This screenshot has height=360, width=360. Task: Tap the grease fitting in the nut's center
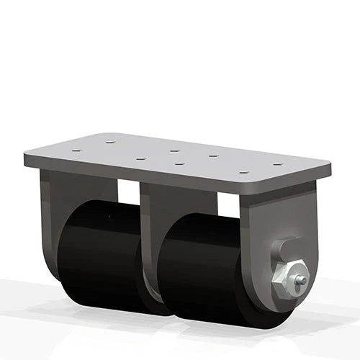(301, 281)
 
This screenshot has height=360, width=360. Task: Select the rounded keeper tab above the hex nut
(283, 248)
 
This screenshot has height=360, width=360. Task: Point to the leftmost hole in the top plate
(76, 150)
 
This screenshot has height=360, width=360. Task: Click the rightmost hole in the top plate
(277, 164)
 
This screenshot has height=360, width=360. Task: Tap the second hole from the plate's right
(243, 173)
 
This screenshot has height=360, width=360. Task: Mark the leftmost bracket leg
(54, 216)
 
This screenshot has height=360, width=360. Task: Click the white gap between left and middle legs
(128, 192)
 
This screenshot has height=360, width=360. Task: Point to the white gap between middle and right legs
(228, 204)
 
